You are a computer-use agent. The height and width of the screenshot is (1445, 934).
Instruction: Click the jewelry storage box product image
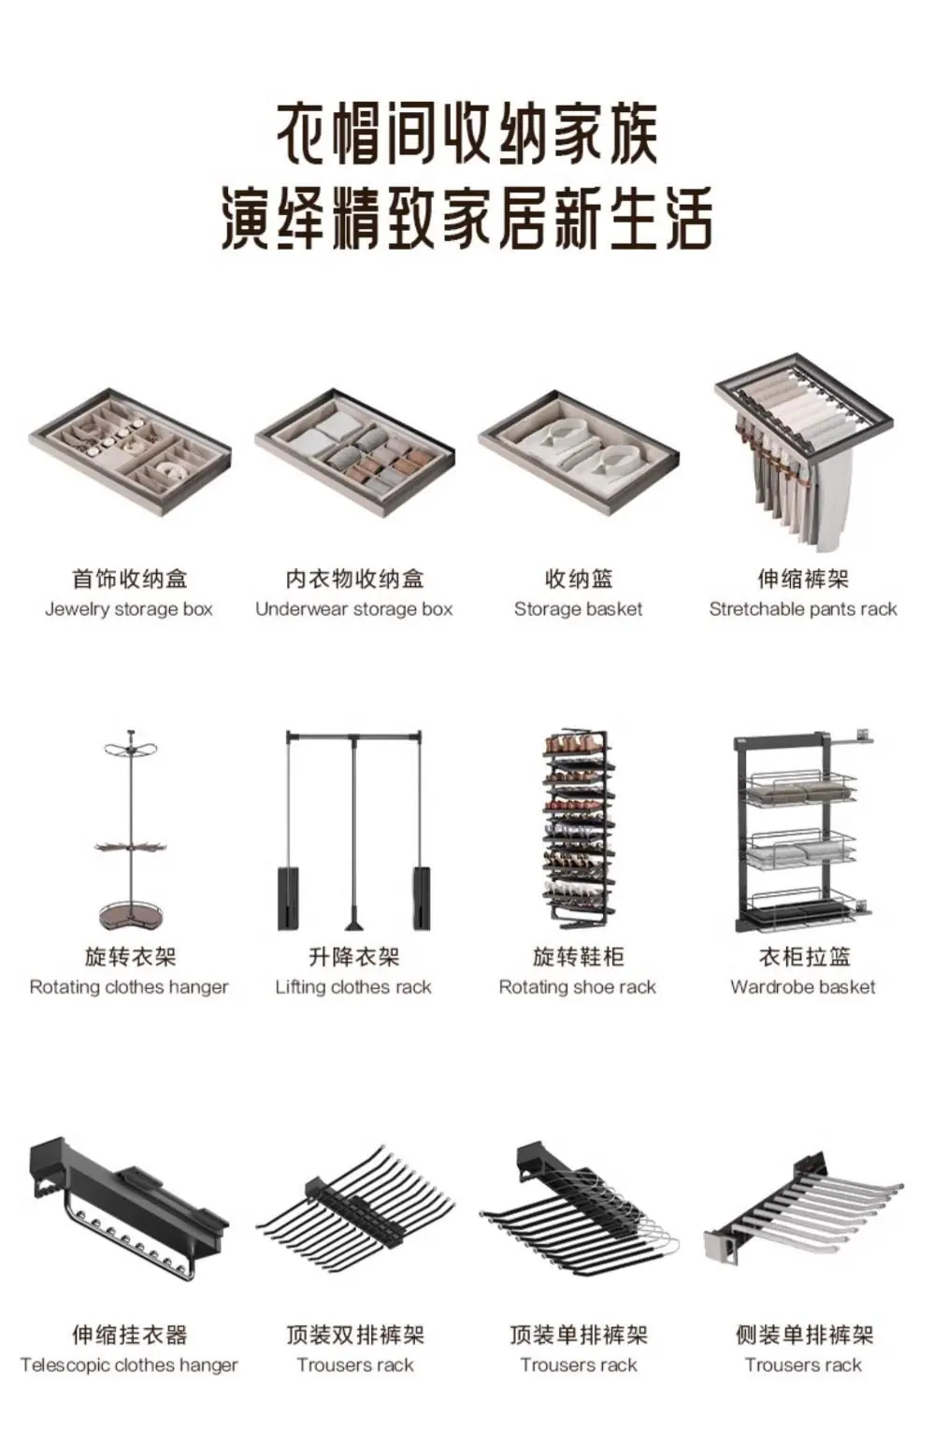click(x=130, y=451)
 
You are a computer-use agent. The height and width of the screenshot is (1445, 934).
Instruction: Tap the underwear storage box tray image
click(x=354, y=451)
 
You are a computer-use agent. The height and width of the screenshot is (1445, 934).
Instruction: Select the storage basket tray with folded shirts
click(x=579, y=451)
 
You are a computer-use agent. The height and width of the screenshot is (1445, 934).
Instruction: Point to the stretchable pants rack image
click(x=804, y=451)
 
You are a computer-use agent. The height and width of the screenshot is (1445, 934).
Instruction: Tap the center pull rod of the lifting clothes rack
click(x=354, y=832)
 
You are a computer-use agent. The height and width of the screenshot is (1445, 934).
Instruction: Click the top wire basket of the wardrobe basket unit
click(x=801, y=786)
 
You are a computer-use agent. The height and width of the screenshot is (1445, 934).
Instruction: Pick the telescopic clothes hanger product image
click(x=129, y=1209)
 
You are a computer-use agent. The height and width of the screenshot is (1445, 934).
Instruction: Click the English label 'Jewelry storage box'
click(x=129, y=609)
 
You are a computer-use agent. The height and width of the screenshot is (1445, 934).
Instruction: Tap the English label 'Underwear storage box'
click(x=354, y=609)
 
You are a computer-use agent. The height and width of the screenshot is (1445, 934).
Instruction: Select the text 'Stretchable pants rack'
click(x=804, y=609)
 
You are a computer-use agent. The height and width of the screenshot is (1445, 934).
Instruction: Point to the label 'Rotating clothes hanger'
click(x=129, y=987)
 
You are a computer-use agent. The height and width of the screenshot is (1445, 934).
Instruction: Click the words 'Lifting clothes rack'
click(x=353, y=987)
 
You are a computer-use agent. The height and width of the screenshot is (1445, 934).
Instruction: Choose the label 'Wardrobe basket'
click(x=803, y=987)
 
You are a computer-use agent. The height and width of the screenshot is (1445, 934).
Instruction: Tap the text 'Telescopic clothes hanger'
click(x=129, y=1365)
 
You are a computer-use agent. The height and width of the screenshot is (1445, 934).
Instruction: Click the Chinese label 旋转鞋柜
click(x=579, y=957)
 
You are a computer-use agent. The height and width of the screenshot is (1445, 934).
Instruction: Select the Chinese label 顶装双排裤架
click(x=355, y=1335)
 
